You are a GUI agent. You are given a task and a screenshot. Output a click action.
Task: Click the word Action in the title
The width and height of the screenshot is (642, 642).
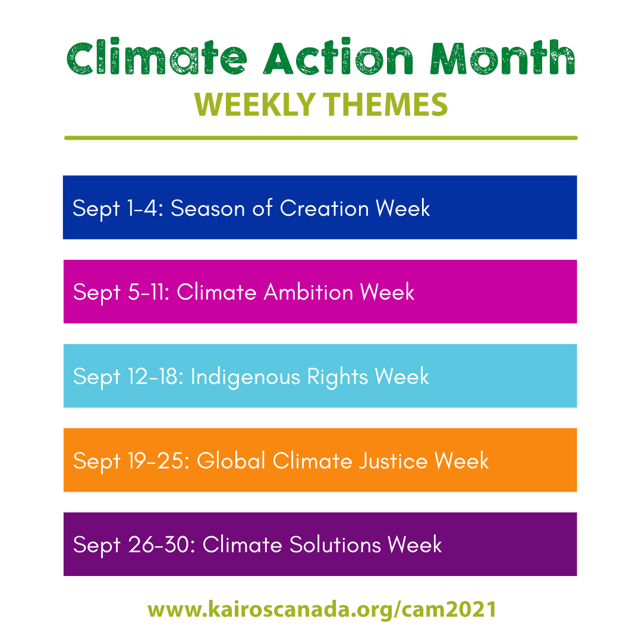coord(338,57)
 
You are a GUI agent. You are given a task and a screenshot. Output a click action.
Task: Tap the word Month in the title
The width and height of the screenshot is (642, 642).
coord(503,57)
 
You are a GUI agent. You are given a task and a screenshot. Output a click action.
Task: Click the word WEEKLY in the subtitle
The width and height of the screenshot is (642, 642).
coord(254,105)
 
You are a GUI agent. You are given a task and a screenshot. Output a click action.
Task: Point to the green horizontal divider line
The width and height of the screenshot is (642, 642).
coord(321,138)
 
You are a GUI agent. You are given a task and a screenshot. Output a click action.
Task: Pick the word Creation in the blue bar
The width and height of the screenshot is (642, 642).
coord(325,208)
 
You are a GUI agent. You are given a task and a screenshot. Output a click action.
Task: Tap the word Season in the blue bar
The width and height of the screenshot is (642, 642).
coord(207,208)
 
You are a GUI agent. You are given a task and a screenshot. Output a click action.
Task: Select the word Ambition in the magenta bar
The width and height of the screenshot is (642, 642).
coord(309,292)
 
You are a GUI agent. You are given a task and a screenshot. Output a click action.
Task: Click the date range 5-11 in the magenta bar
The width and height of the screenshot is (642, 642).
coord(148,292)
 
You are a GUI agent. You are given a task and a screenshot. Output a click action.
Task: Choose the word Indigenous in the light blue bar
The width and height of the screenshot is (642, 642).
coord(246,377)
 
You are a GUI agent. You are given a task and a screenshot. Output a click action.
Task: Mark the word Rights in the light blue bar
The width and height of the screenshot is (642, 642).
coord(338,377)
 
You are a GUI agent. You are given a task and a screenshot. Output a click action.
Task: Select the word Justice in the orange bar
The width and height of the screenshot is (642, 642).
coord(393,461)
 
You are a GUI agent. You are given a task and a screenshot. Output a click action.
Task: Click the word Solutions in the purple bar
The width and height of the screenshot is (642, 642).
coord(335,545)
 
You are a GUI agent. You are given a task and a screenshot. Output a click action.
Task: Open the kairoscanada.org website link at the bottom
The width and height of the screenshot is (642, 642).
coord(322,609)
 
